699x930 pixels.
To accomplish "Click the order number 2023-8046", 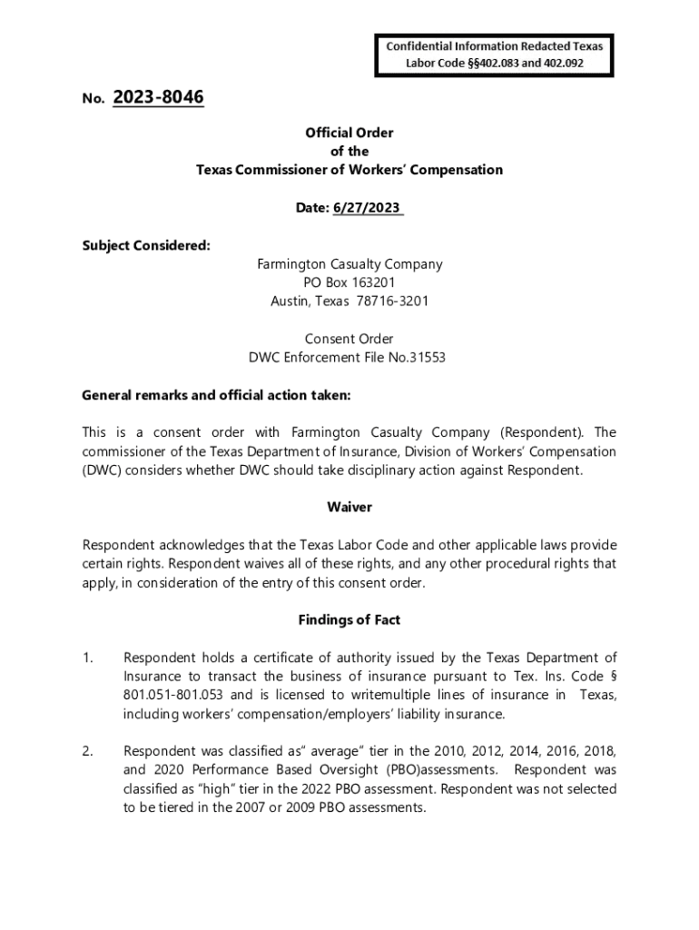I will click(159, 97).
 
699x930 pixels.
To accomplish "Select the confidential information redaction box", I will click(495, 54).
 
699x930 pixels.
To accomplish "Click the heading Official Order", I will click(349, 133).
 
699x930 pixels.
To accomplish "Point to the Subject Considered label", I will click(146, 245).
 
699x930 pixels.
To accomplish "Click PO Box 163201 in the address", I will click(349, 282).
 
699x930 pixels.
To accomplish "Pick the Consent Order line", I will click(349, 339).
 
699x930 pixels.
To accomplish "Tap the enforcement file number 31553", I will click(426, 358).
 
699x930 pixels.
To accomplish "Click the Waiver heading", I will click(349, 508).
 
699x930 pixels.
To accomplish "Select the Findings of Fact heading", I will click(349, 620).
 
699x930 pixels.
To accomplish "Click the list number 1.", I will click(87, 658).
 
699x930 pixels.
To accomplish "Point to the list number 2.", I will click(87, 751).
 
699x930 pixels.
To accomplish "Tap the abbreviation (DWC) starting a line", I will click(102, 470).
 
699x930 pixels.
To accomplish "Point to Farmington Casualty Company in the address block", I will click(349, 264).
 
